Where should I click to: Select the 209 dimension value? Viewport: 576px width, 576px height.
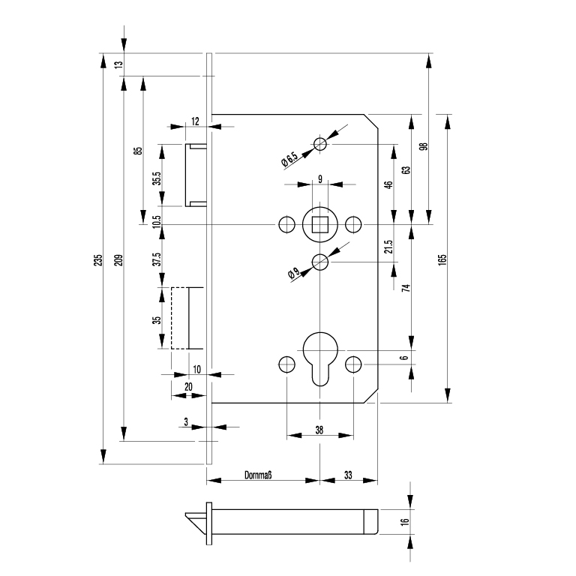point(119,260)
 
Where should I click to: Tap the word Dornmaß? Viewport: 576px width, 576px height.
point(257,475)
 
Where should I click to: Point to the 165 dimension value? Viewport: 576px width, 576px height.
point(443,258)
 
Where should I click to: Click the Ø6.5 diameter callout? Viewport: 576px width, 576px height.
point(289,159)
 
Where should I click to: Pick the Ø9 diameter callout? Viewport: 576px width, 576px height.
point(293,274)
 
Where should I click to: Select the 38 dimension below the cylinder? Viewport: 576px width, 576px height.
point(319,430)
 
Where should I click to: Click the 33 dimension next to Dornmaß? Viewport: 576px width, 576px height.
point(349,475)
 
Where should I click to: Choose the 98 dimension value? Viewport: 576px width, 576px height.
point(424,146)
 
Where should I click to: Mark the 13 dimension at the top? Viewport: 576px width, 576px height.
point(118,64)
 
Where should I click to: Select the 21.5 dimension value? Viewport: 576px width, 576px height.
point(389,247)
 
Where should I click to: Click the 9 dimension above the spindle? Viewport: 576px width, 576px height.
point(320,178)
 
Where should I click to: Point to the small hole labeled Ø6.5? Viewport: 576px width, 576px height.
point(320,144)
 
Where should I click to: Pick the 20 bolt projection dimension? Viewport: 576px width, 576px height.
point(188,385)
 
